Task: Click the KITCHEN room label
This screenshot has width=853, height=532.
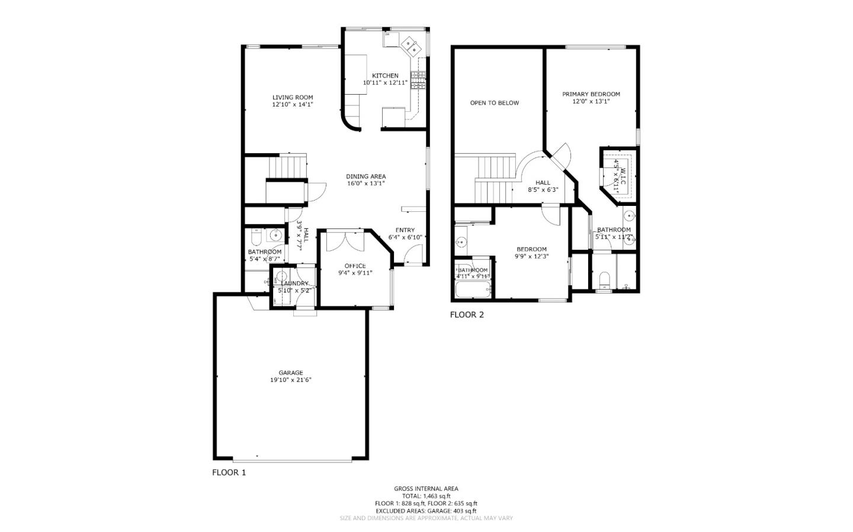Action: click(x=385, y=76)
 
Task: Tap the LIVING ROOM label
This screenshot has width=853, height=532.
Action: click(x=293, y=98)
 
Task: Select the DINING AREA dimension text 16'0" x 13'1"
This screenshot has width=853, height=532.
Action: click(x=365, y=183)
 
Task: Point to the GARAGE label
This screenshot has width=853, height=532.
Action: click(x=291, y=373)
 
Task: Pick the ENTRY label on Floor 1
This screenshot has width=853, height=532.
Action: click(x=405, y=230)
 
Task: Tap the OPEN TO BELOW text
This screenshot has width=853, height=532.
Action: click(x=494, y=103)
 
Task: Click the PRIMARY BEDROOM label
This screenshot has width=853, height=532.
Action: click(x=591, y=94)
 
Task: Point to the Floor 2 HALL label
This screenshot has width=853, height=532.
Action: click(x=543, y=183)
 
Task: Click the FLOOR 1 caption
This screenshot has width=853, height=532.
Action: click(x=229, y=472)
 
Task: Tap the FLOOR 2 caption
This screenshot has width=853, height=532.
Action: click(x=467, y=315)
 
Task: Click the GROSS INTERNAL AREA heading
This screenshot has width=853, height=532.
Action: click(x=426, y=489)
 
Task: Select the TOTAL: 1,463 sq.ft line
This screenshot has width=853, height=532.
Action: click(x=426, y=496)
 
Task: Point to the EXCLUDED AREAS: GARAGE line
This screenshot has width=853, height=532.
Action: click(x=426, y=511)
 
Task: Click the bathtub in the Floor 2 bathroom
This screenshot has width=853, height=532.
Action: click(x=473, y=290)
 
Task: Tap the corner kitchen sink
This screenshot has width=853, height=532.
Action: click(x=409, y=44)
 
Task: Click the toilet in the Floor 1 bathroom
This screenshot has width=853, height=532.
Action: click(x=256, y=238)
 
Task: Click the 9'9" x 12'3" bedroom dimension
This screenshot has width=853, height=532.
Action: click(x=531, y=257)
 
